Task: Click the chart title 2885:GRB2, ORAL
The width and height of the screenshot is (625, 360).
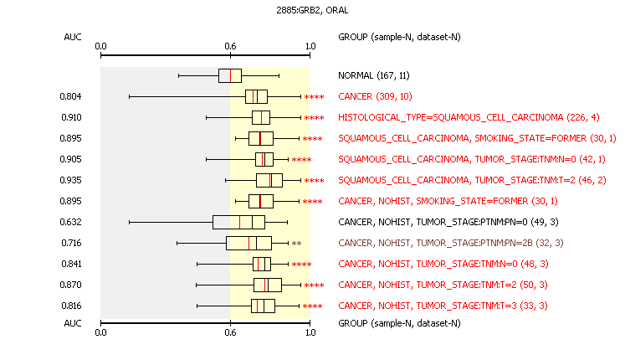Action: [x=312, y=10]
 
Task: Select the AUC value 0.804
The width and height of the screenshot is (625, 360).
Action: [x=70, y=96]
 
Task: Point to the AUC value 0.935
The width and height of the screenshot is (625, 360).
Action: [x=70, y=180]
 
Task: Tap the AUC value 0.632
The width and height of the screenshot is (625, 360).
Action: [x=70, y=222]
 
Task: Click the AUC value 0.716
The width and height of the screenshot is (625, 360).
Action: [x=71, y=243]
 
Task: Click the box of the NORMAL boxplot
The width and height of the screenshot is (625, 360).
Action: [x=230, y=75]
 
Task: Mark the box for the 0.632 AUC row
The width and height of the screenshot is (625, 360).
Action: [x=238, y=222]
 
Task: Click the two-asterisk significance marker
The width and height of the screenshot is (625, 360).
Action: [x=296, y=244]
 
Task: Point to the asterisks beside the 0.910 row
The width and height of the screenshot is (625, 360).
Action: [x=314, y=118]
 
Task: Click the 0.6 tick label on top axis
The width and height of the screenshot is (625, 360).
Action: [x=230, y=46]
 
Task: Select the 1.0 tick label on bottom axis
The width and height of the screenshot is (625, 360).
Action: [x=310, y=332]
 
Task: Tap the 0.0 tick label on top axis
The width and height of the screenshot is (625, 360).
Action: [x=101, y=46]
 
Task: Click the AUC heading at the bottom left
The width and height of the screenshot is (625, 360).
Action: [x=73, y=323]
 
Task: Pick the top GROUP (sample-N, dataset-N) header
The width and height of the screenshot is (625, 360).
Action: [x=399, y=37]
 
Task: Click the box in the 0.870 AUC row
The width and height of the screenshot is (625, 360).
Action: [x=268, y=285]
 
